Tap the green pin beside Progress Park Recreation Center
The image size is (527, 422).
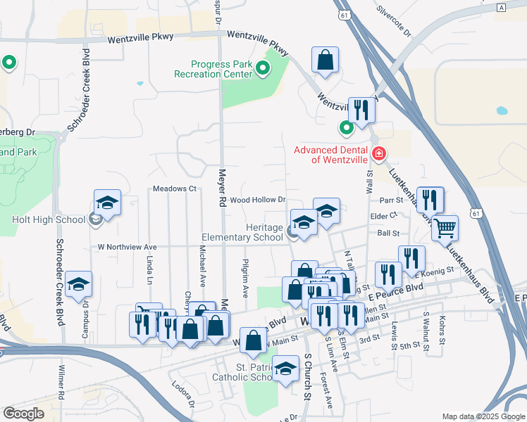pos(263,68)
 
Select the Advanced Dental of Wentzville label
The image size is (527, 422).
pos(330,154)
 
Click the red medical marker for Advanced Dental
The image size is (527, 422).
pos(379,153)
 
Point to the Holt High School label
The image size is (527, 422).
pos(49,219)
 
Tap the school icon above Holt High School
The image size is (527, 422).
pos(107,203)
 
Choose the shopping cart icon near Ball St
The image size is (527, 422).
pos(445,228)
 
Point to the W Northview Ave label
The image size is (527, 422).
pos(127,247)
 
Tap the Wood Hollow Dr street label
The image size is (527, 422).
pos(257,200)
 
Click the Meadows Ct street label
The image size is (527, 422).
pos(174,189)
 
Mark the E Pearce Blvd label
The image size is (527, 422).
pos(395,288)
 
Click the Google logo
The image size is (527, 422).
pos(23,414)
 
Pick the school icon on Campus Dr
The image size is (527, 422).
pos(79,285)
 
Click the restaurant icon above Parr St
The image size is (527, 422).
pos(429,200)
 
